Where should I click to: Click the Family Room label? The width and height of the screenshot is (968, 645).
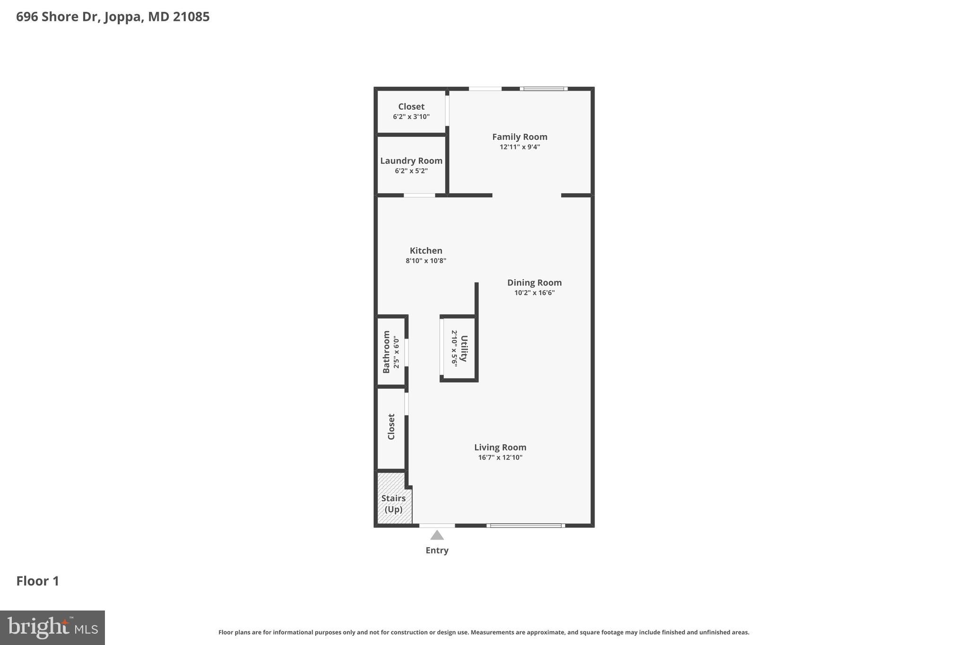click(x=519, y=137)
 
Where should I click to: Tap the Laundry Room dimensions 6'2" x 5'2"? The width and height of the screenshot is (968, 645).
click(x=411, y=171)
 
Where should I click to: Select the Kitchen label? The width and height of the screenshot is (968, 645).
click(x=426, y=251)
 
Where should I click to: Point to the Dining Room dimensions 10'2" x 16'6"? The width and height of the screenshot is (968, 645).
click(x=534, y=293)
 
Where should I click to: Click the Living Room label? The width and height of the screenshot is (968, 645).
click(x=500, y=447)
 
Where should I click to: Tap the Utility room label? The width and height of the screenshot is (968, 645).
click(x=464, y=348)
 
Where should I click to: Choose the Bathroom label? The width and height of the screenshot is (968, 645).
click(x=386, y=352)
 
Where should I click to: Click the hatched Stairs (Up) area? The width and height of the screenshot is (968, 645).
click(x=394, y=504)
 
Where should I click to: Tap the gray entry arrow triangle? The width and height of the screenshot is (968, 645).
click(x=437, y=535)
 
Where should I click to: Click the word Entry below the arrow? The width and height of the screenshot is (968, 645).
click(x=437, y=550)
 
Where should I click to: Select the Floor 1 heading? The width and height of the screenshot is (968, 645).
click(x=38, y=581)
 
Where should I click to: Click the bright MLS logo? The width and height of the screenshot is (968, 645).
click(x=52, y=628)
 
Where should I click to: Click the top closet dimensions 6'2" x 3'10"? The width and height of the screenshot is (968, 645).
click(x=411, y=117)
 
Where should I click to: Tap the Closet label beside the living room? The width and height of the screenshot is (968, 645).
click(x=391, y=427)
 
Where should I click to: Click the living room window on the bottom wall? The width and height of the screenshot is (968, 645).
click(x=526, y=525)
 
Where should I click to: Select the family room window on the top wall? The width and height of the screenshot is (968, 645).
click(x=544, y=88)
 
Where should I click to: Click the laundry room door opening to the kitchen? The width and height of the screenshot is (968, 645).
click(x=419, y=195)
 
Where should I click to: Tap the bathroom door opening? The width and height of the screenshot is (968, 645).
click(x=406, y=352)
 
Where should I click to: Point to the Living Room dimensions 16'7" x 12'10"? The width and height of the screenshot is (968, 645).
click(x=500, y=457)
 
